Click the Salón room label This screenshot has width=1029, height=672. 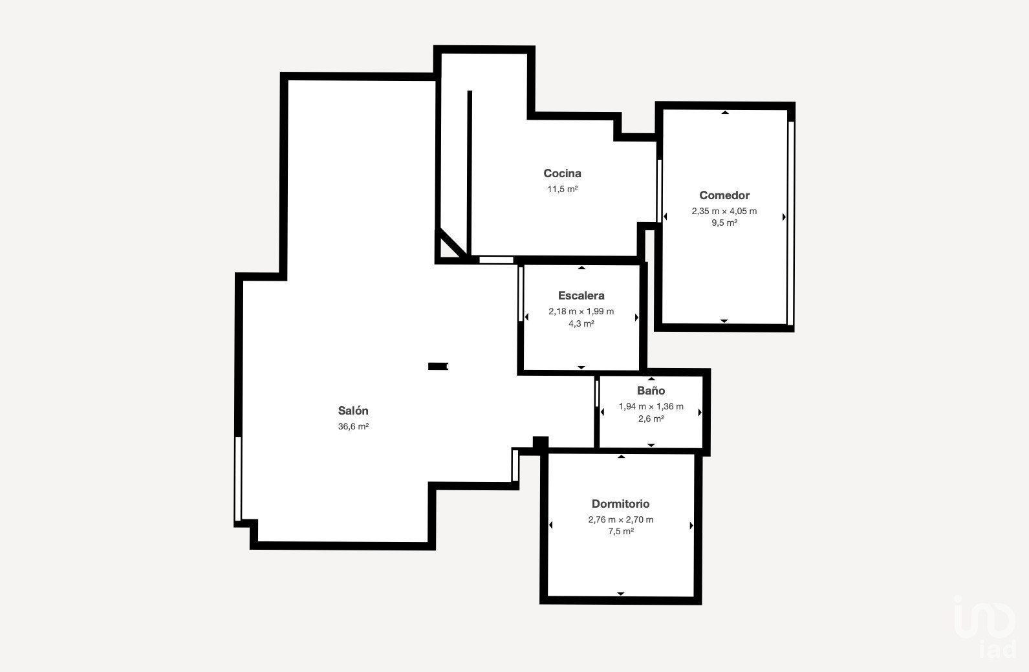(x=352, y=410)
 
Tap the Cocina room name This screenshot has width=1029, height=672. (x=562, y=173)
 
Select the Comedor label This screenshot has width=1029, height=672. (x=724, y=195)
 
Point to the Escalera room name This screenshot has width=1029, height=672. (x=581, y=296)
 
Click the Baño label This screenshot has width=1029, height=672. (x=651, y=391)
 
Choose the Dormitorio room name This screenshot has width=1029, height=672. (x=621, y=504)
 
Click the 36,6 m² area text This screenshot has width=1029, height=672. (x=353, y=426)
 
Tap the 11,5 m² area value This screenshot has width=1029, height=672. (x=562, y=189)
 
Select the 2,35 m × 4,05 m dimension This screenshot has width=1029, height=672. (x=724, y=211)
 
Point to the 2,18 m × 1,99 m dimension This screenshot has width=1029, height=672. (x=581, y=312)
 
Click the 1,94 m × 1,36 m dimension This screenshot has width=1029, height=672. (x=651, y=407)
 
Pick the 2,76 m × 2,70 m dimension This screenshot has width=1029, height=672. (x=621, y=519)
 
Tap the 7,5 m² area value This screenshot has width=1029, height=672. (x=621, y=532)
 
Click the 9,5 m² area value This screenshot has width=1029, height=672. (x=724, y=222)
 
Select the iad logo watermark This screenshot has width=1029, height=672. (x=986, y=627)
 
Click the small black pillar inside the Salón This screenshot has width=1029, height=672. (x=439, y=366)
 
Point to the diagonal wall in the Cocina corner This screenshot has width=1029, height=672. (x=453, y=243)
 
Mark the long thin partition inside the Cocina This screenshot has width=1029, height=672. (x=470, y=173)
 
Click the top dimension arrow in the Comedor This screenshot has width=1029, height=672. (x=725, y=112)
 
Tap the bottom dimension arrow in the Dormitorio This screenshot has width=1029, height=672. (x=621, y=594)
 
